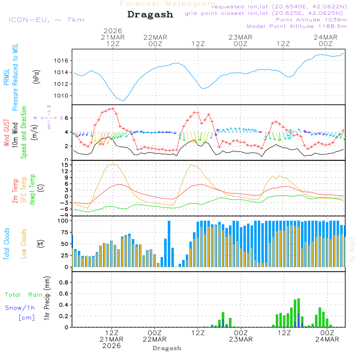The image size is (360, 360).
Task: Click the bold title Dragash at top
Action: click(x=150, y=15)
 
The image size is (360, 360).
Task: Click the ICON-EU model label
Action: click(x=46, y=20)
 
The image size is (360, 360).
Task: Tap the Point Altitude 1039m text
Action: click(x=311, y=20)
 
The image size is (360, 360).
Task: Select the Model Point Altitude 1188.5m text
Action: click(x=297, y=26)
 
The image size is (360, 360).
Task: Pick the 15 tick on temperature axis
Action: click(x=65, y=165)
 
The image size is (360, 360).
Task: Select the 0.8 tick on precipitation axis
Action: click(x=63, y=282)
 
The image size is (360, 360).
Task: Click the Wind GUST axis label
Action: click(x=7, y=134)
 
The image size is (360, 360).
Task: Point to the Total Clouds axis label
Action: click(x=7, y=243)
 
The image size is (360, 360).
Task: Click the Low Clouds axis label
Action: click(x=24, y=243)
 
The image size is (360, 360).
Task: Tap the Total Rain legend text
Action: click(x=23, y=295)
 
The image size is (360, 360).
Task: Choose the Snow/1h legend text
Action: click(x=20, y=308)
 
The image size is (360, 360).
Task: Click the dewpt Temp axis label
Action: click(x=32, y=190)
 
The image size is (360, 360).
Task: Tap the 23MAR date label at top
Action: click(x=240, y=37)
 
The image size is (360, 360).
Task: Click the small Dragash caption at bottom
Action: click(x=167, y=348)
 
